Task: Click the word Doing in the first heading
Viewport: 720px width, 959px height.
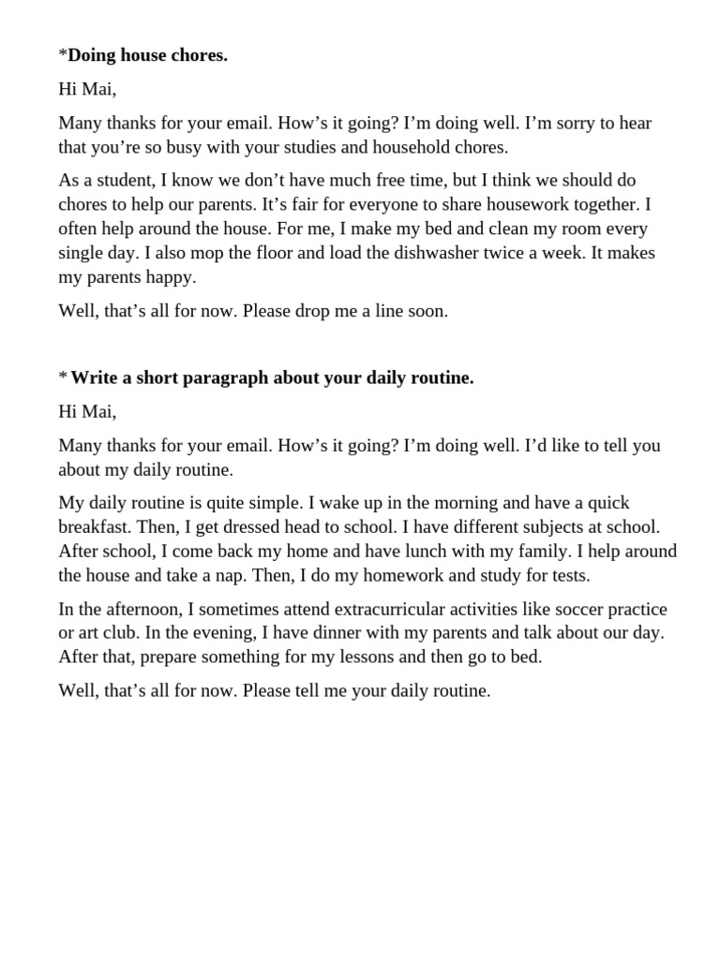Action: pos(92,56)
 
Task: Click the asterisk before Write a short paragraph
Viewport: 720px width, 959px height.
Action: pos(63,377)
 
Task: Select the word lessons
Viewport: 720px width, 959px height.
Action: pos(355,657)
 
